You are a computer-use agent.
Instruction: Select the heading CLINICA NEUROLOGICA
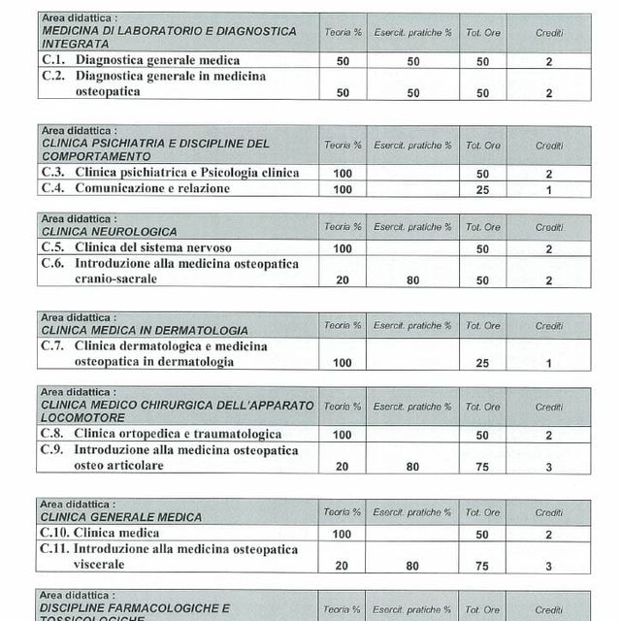pyautogui.click(x=109, y=232)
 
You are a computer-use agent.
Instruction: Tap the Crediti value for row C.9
pyautogui.click(x=548, y=467)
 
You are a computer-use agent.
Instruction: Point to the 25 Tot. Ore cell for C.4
pyautogui.click(x=482, y=189)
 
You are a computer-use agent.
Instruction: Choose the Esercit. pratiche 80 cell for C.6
pyautogui.click(x=413, y=280)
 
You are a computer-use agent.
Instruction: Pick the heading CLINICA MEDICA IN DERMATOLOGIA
pyautogui.click(x=145, y=331)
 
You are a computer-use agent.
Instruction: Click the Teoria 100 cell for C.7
pyautogui.click(x=343, y=363)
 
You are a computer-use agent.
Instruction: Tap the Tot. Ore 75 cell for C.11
pyautogui.click(x=482, y=566)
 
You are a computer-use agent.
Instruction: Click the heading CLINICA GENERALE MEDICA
pyautogui.click(x=121, y=517)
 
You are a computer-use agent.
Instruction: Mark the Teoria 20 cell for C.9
pyautogui.click(x=343, y=467)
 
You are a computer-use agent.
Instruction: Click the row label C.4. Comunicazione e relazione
pyautogui.click(x=136, y=188)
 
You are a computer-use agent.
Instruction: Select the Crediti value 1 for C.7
pyautogui.click(x=548, y=363)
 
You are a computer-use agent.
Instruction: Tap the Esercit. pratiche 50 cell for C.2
pyautogui.click(x=413, y=93)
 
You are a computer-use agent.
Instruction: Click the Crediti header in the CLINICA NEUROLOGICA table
pyautogui.click(x=548, y=227)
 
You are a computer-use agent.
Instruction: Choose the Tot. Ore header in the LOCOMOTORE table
pyautogui.click(x=482, y=407)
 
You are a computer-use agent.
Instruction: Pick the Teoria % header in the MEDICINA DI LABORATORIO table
pyautogui.click(x=343, y=32)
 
